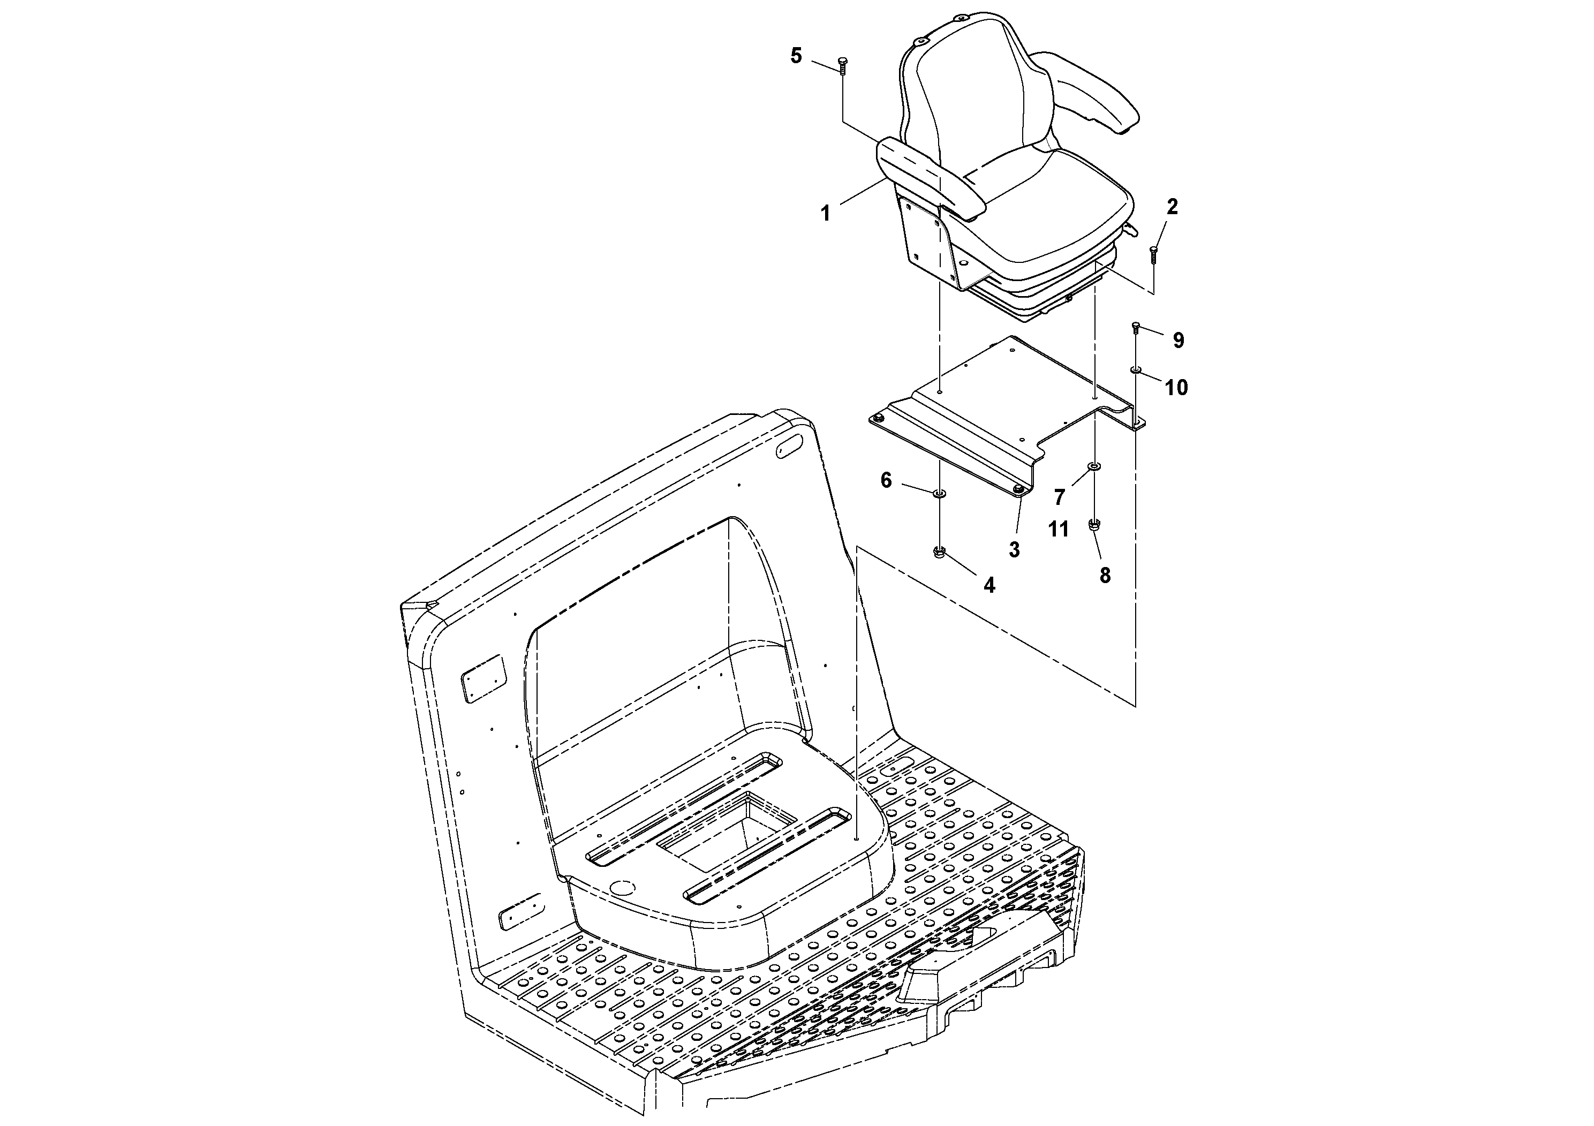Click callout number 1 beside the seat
point(826,213)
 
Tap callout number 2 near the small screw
point(1172,207)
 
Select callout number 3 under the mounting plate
point(1014,550)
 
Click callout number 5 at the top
point(796,56)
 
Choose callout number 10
point(1176,387)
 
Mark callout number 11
point(1058,530)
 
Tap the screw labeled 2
point(1154,255)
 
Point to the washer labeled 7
point(1094,466)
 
